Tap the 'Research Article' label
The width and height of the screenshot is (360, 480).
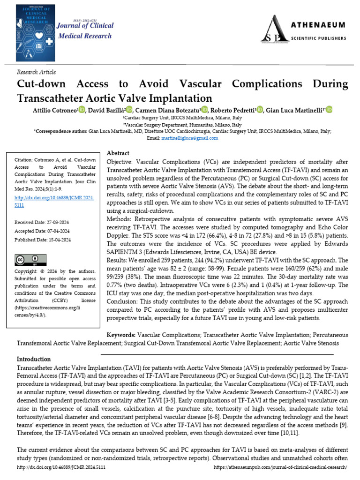pyautogui.click(x=36, y=72)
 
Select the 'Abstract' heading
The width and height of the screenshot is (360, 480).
pyautogui.click(x=119, y=153)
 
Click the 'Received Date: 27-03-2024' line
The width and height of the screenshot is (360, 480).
pyautogui.click(x=42, y=222)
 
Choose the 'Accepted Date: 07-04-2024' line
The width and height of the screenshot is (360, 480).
pyautogui.click(x=42, y=231)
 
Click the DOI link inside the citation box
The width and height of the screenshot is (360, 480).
pyautogui.click(x=55, y=202)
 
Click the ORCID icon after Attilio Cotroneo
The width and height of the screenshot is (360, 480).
pyautogui.click(x=82, y=110)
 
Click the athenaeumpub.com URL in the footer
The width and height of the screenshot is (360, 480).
pyautogui.click(x=280, y=467)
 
